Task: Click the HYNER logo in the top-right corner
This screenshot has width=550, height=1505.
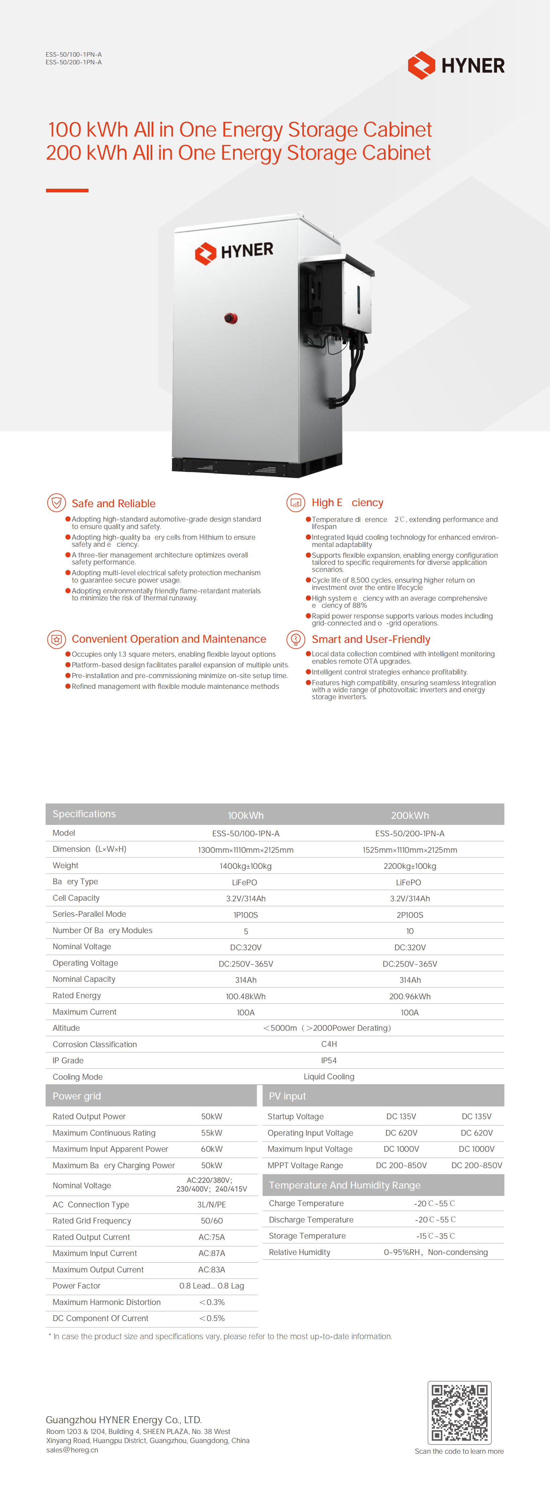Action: click(456, 65)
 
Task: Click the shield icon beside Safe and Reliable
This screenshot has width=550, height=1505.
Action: click(56, 502)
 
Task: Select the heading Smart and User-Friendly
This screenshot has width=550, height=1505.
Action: click(371, 639)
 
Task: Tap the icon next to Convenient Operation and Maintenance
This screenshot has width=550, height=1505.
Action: click(56, 639)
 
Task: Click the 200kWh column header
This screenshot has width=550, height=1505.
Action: click(410, 815)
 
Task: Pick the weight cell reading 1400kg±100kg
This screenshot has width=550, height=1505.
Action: click(245, 866)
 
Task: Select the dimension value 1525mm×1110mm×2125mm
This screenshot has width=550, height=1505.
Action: click(410, 849)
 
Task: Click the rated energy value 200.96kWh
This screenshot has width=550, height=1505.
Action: click(410, 996)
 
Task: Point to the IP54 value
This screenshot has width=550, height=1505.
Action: click(328, 1061)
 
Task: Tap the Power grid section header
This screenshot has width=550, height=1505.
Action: click(76, 1096)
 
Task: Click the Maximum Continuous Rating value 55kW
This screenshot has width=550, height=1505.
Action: click(212, 1133)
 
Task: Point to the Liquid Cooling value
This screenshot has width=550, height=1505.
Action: click(328, 1077)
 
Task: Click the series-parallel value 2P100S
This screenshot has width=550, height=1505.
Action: click(410, 915)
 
